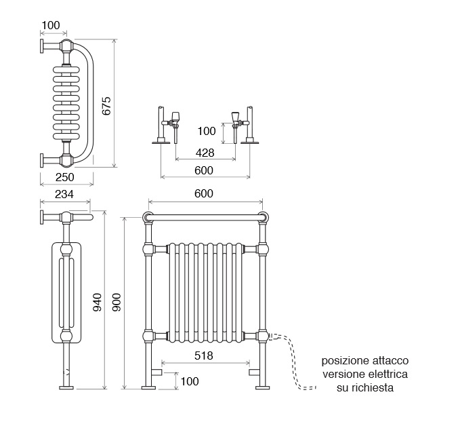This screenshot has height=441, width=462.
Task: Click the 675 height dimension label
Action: pos(106,106)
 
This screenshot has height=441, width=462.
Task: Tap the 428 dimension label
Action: pos(206,153)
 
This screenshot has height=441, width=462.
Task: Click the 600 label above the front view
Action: pos(203,193)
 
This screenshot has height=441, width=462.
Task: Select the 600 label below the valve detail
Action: pos(204,170)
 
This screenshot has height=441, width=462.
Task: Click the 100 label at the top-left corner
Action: pos(50,26)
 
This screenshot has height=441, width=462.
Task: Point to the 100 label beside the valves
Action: pos(206,131)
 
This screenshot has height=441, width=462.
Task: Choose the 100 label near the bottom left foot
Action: pos(190,381)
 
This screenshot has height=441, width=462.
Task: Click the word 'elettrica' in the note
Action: pos(387,375)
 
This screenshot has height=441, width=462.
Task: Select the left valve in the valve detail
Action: pos(175,119)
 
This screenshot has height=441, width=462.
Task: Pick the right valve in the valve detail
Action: pos(235,119)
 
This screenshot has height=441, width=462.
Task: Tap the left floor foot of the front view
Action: pos(148,387)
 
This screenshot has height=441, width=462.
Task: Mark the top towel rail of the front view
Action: pos(205,218)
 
